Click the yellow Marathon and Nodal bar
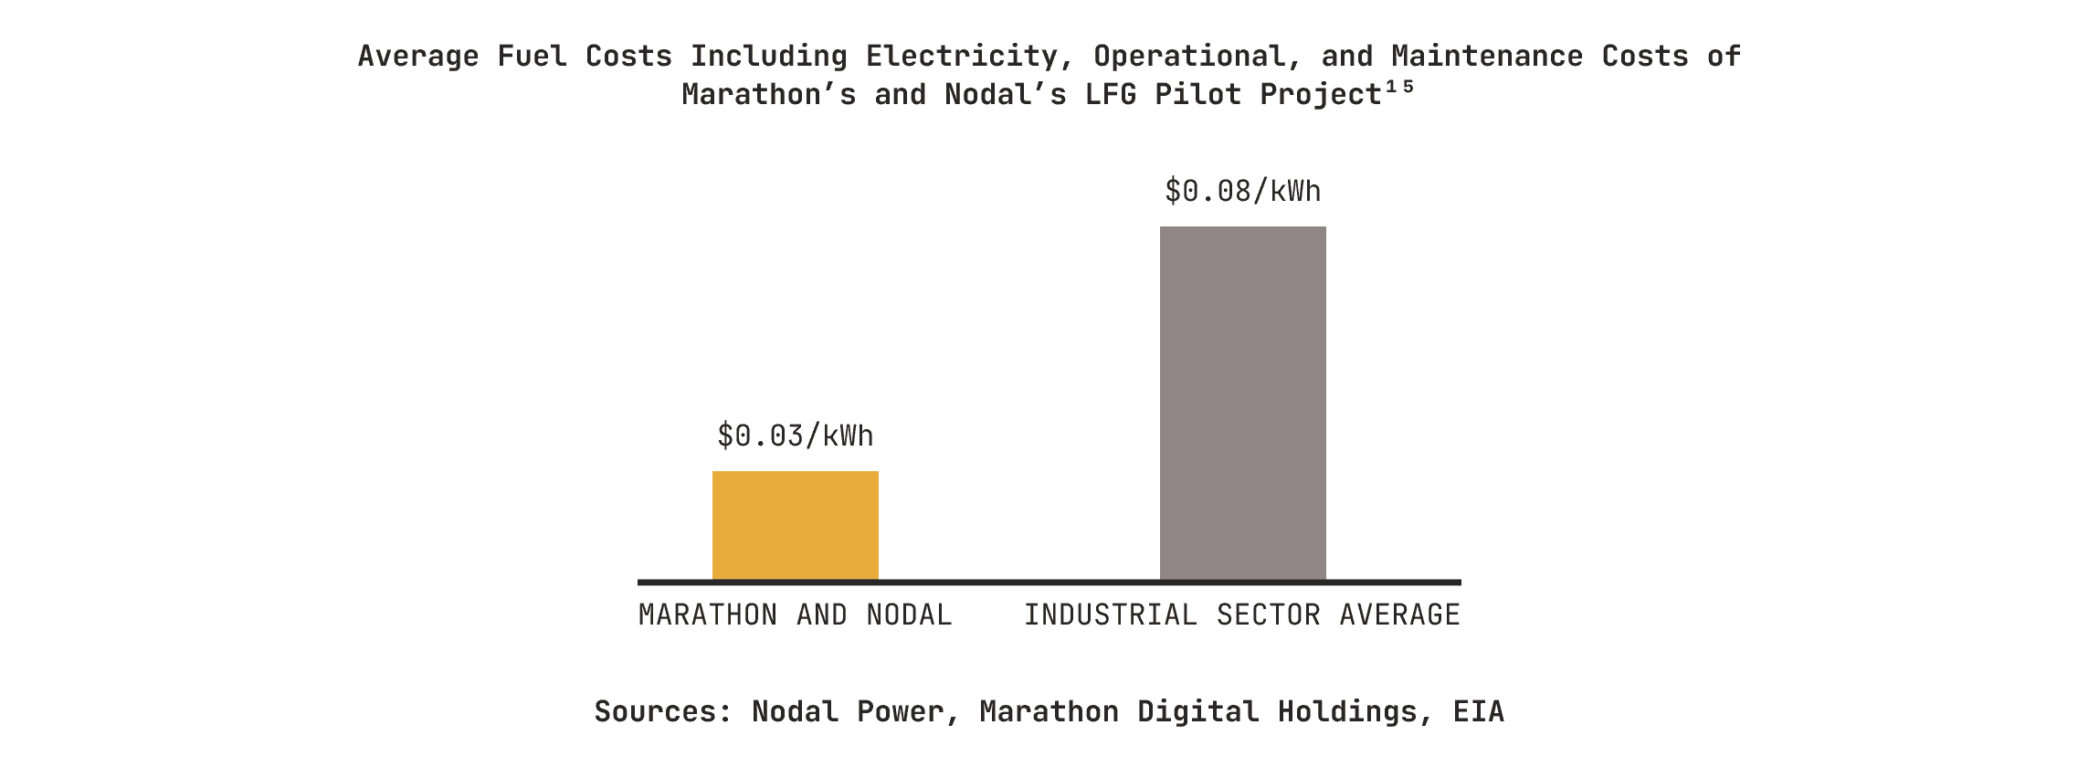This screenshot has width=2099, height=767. (x=795, y=525)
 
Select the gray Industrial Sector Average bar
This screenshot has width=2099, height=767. (x=1242, y=403)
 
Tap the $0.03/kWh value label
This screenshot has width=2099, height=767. (x=795, y=436)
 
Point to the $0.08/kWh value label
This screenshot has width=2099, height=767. (x=1242, y=191)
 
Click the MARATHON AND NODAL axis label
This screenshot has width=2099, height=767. (x=795, y=615)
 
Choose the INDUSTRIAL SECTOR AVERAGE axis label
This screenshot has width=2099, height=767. (x=1242, y=615)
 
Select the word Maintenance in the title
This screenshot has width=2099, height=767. (x=1487, y=56)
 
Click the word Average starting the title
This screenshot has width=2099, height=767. (x=417, y=56)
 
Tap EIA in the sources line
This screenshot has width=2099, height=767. (x=1478, y=711)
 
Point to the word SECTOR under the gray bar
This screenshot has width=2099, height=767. (x=1268, y=615)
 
